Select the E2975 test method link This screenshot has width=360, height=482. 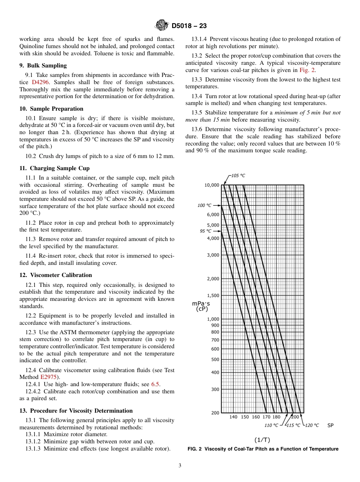tap(48, 377)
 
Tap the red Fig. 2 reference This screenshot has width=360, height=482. tap(307, 70)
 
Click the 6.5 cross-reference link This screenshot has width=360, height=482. tap(155, 384)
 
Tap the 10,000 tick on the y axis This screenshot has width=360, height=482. tap(212, 185)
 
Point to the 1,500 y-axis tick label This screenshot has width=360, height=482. tap(213, 295)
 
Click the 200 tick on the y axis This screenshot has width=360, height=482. tap(215, 413)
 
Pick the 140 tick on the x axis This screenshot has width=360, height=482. tap(233, 417)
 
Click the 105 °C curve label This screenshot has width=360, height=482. tap(238, 175)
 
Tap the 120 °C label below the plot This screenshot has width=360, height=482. tap(312, 426)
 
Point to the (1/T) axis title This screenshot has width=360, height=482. tap(262, 440)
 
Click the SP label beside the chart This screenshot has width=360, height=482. tap(330, 426)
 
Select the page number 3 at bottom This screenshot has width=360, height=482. tap(180, 465)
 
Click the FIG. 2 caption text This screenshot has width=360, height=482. tap(263, 449)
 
